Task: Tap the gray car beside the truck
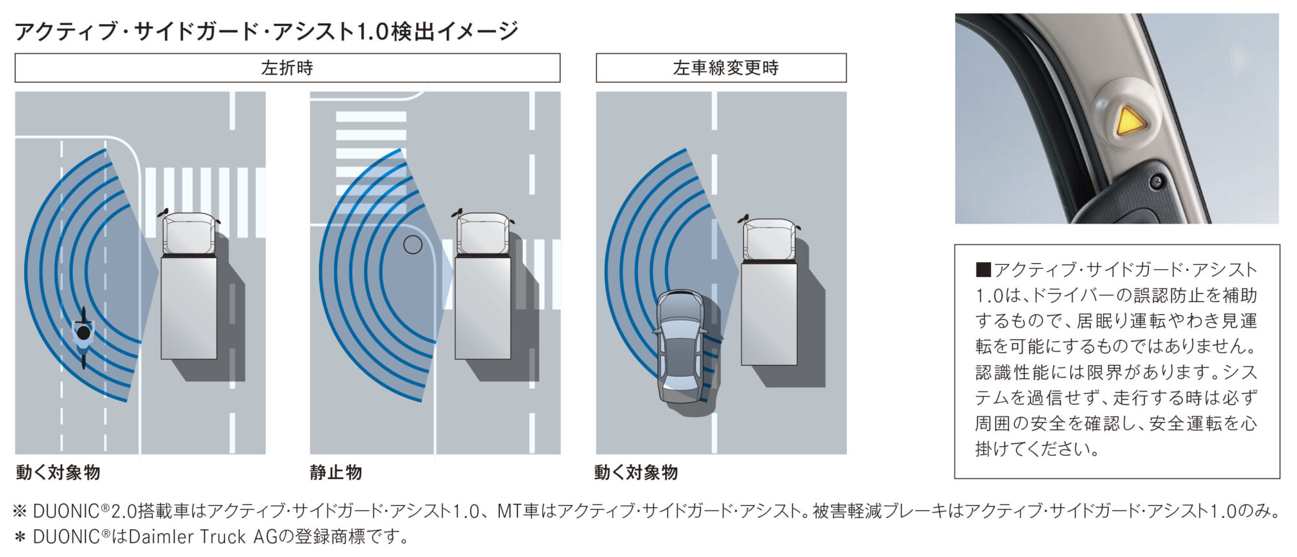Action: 680,346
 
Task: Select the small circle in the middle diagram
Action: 412,244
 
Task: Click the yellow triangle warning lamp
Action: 1129,121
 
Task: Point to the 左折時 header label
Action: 287,68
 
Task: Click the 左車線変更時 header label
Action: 725,68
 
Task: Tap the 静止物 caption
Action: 336,472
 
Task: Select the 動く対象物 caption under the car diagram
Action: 636,472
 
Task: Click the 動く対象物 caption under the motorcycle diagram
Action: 58,472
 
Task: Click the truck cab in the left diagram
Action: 189,233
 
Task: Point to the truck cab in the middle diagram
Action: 483,233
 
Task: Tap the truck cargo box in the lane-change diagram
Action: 769,313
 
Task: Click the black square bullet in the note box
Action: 983,270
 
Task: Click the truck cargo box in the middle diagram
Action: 483,307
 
